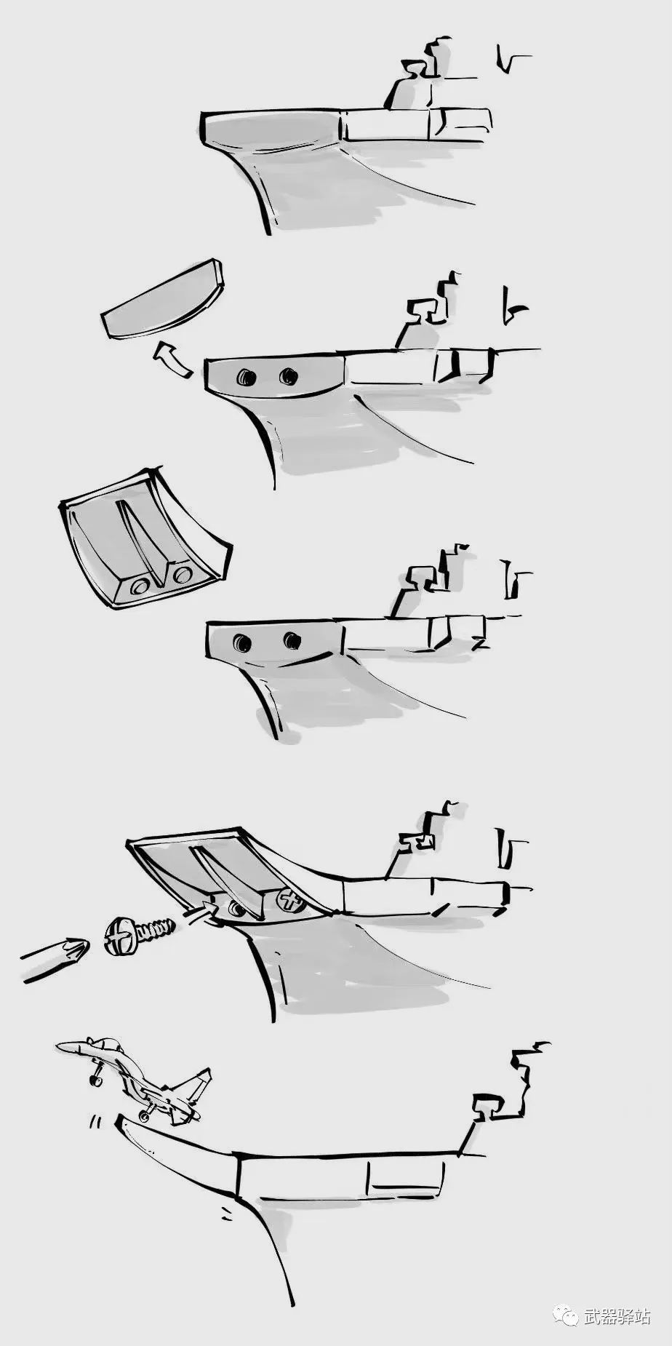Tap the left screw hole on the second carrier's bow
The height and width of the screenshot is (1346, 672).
pyautogui.click(x=246, y=377)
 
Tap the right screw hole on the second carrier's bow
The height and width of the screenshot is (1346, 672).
pyautogui.click(x=289, y=376)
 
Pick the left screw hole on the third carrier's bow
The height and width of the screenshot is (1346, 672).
pyautogui.click(x=242, y=642)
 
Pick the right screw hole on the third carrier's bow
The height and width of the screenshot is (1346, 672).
pyautogui.click(x=292, y=640)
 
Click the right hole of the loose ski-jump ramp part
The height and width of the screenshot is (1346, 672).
pyautogui.click(x=183, y=575)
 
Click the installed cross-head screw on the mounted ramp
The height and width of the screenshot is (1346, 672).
pyautogui.click(x=291, y=902)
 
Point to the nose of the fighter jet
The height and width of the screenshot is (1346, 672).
pyautogui.click(x=58, y=1046)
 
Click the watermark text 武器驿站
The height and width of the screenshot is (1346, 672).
pyautogui.click(x=617, y=1316)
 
